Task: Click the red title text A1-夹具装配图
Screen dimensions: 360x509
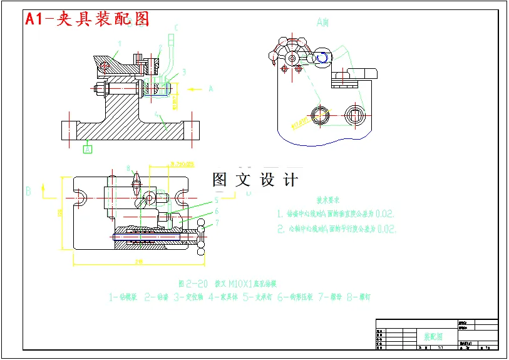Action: (87, 19)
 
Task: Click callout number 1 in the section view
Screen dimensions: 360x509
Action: (120, 43)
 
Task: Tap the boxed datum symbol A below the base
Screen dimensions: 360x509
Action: (88, 149)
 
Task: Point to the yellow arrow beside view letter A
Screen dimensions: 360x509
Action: (195, 89)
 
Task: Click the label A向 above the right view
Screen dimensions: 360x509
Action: (322, 23)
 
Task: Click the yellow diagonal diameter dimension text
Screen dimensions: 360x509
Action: (301, 121)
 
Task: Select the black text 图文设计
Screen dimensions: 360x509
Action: (255, 180)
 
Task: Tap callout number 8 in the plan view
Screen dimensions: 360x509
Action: (128, 168)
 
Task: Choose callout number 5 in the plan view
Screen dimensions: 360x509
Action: (216, 200)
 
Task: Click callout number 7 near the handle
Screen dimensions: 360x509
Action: (217, 222)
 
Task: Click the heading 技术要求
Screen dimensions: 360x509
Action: (327, 200)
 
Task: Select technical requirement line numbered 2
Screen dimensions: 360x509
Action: (337, 229)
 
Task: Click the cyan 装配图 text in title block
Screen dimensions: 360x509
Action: (431, 337)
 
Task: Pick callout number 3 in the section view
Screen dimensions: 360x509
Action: (184, 71)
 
